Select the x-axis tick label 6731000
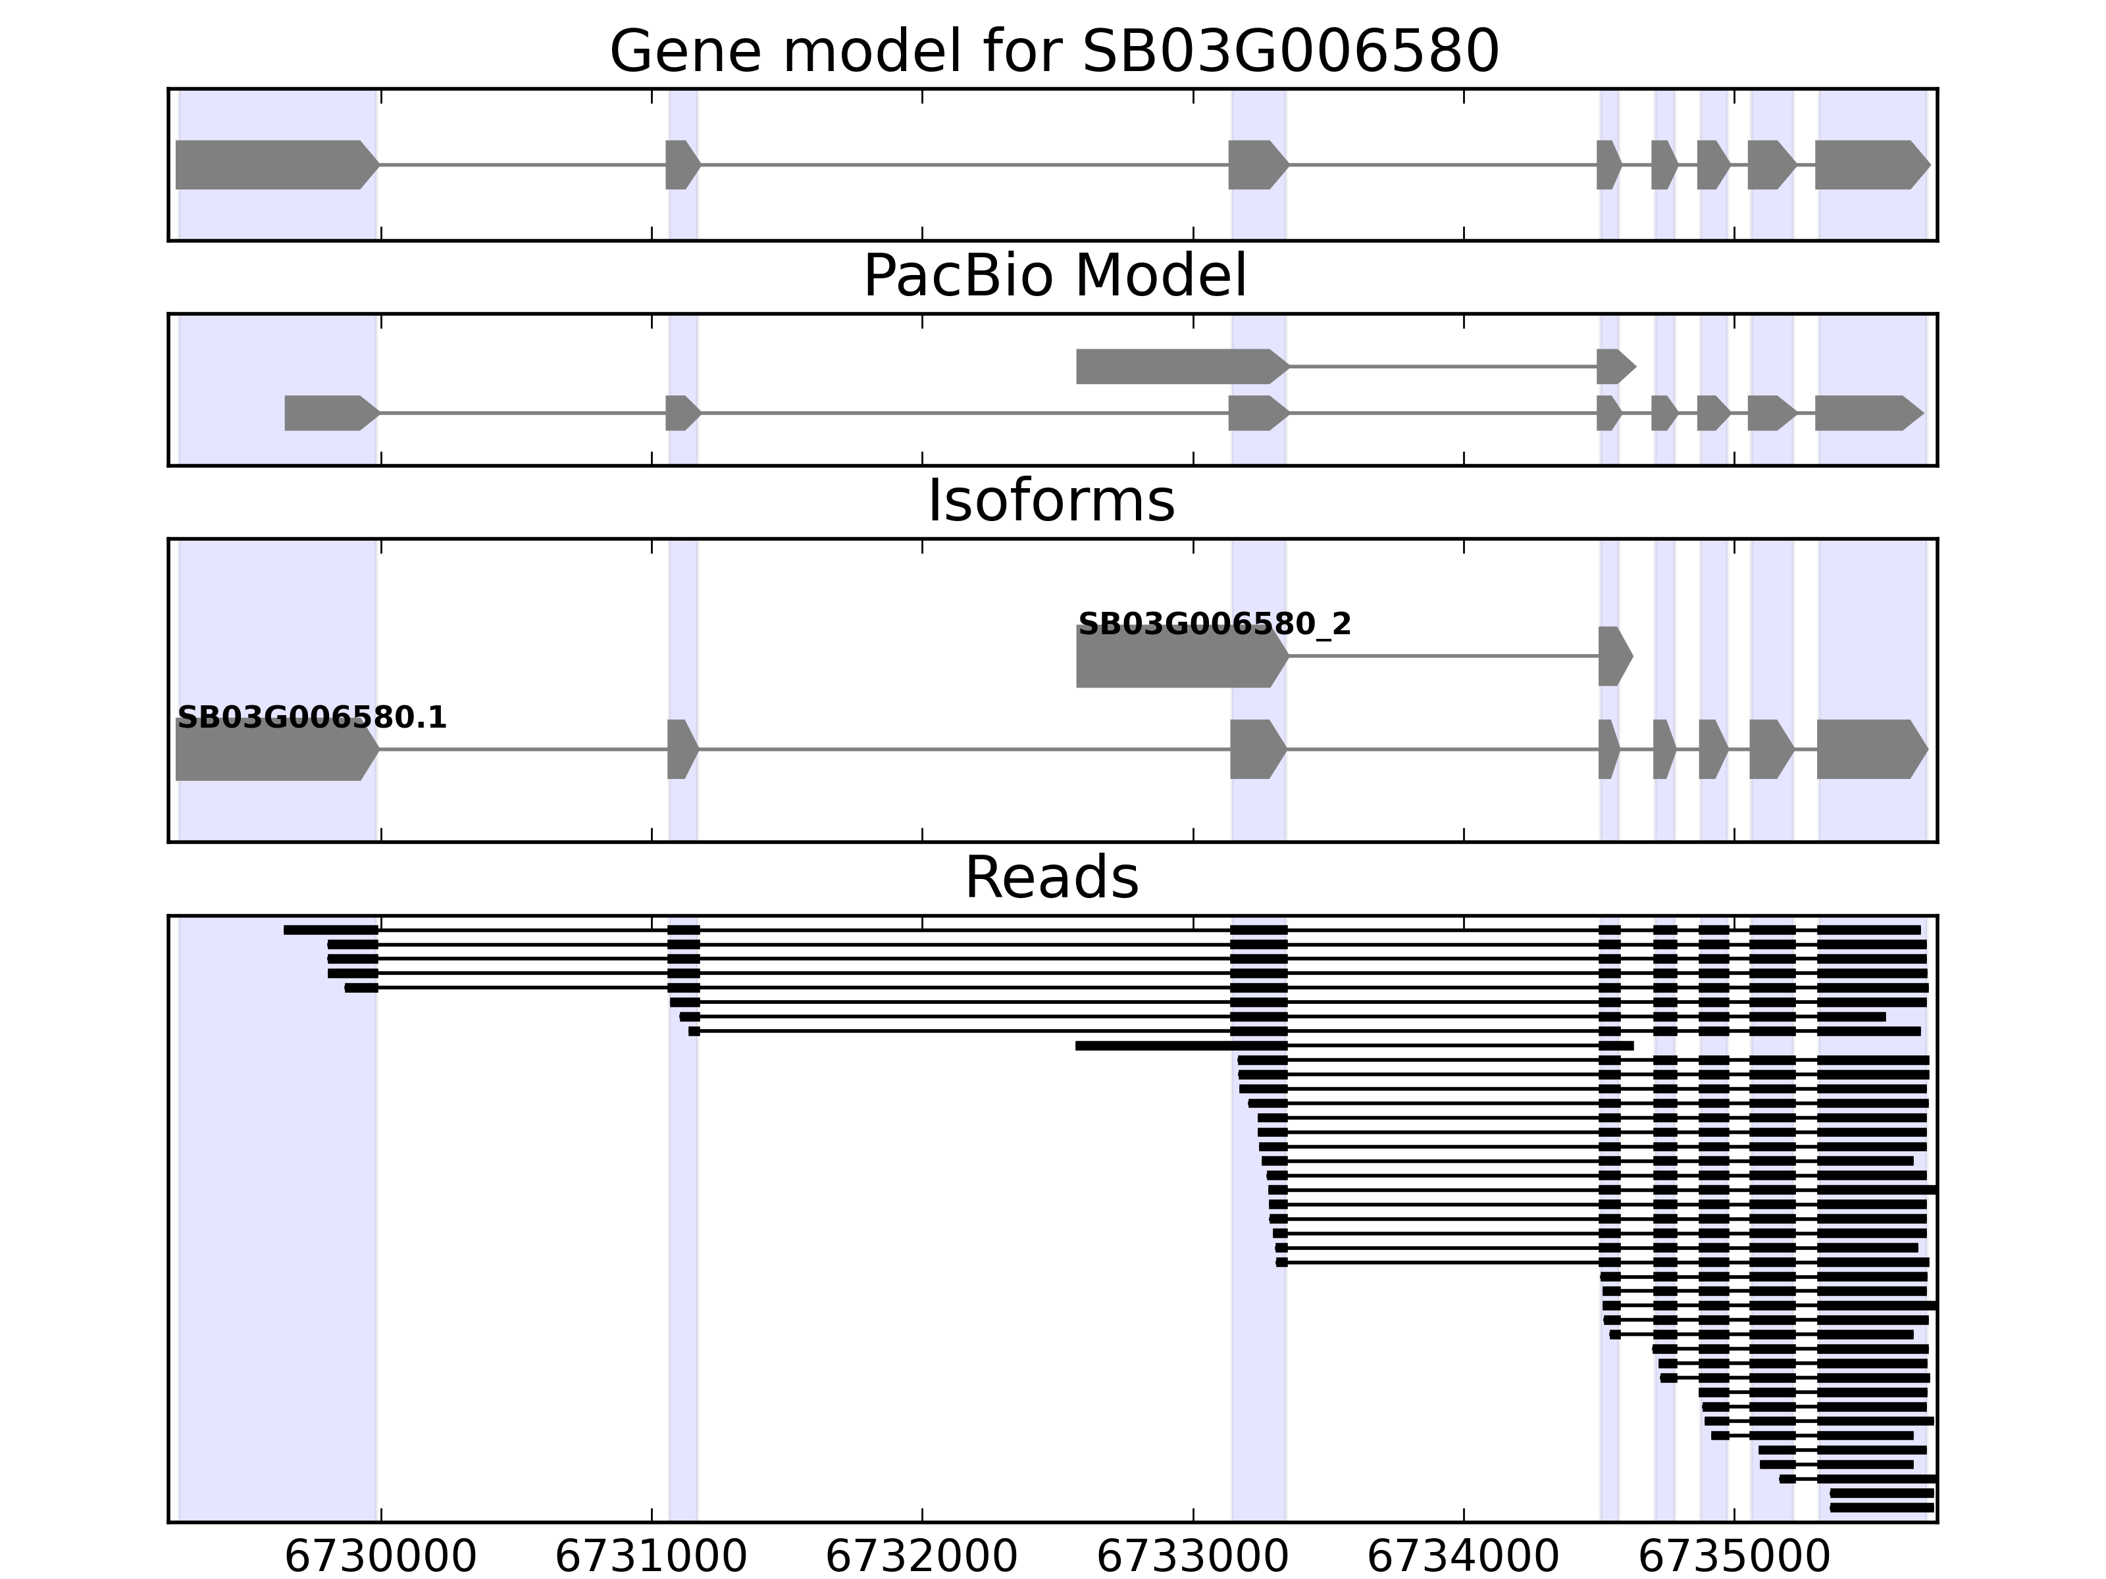pos(652,1558)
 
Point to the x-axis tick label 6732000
pos(921,1558)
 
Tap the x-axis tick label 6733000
pos(1193,1558)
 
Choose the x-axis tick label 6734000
pos(1464,1558)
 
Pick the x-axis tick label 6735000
pos(1734,1558)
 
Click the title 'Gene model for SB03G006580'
pos(1054,51)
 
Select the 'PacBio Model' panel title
pos(1054,276)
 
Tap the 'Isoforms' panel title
pos(1051,501)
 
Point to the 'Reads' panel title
pos(1051,878)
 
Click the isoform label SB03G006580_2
pos(1214,624)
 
